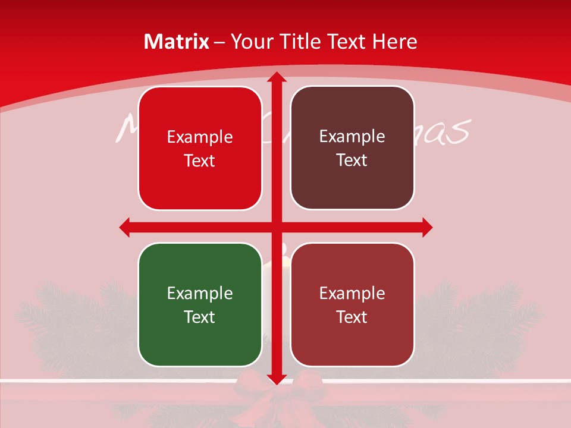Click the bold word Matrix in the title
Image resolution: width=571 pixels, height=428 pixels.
pos(177,42)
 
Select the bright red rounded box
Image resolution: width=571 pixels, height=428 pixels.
pos(200,148)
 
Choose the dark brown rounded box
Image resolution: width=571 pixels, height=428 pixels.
pos(352,148)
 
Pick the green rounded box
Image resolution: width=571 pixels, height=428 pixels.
pos(200,304)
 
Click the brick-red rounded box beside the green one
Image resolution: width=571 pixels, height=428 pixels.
pos(352,304)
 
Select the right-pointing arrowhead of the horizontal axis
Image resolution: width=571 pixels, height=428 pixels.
pos(426,226)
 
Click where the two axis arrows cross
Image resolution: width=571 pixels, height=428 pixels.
pos(276,226)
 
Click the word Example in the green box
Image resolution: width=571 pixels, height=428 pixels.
pos(200,293)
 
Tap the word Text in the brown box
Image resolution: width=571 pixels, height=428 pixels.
pos(352,160)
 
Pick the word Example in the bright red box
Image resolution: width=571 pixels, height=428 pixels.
pos(200,137)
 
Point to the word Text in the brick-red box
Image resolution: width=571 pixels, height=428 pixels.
pos(352,317)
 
